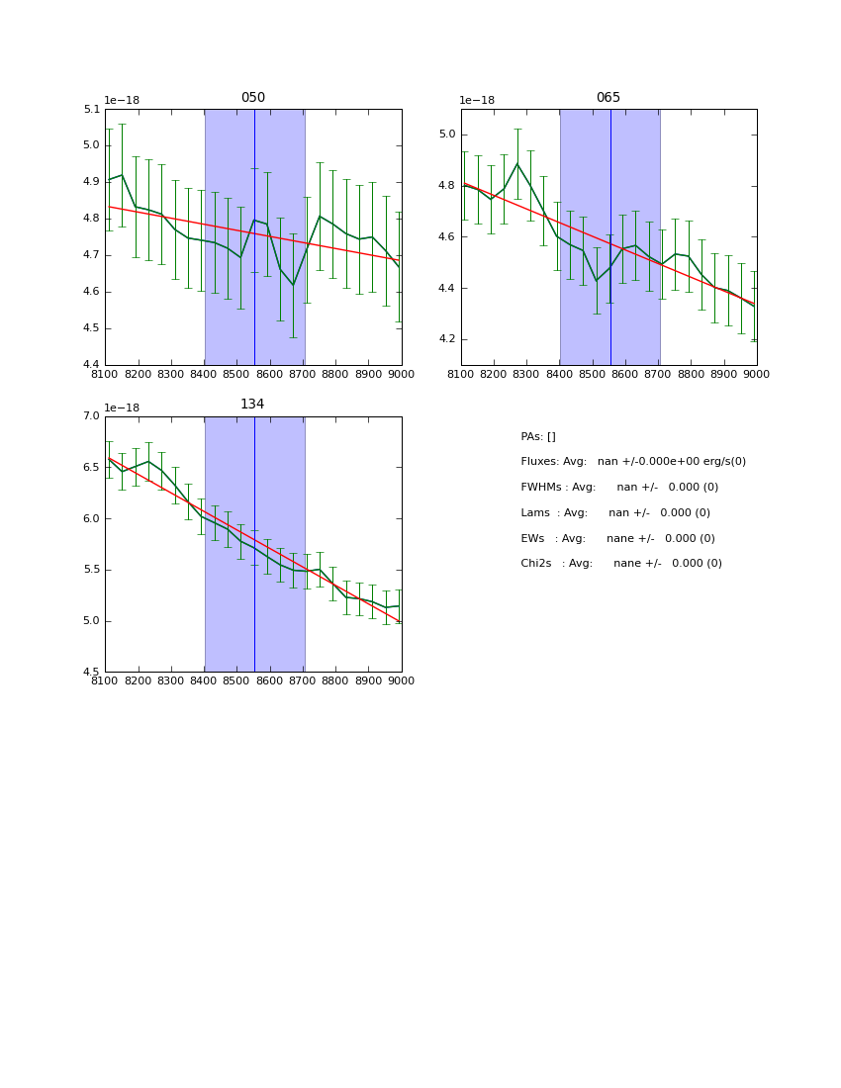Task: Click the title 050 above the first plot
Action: click(253, 98)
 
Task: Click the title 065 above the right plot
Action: click(608, 98)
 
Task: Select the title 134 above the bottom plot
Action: click(253, 405)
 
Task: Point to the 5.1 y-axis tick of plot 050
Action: click(91, 110)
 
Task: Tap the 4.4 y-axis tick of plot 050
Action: click(91, 365)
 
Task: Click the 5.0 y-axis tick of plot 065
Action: click(446, 135)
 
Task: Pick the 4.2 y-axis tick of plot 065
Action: click(446, 339)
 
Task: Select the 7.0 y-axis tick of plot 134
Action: click(91, 416)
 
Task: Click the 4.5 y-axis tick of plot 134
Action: click(91, 673)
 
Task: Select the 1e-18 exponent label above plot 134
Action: click(124, 408)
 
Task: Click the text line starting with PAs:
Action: click(538, 437)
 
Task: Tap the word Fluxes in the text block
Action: click(539, 462)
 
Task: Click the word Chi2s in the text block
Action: click(538, 564)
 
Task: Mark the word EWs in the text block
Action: click(533, 539)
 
